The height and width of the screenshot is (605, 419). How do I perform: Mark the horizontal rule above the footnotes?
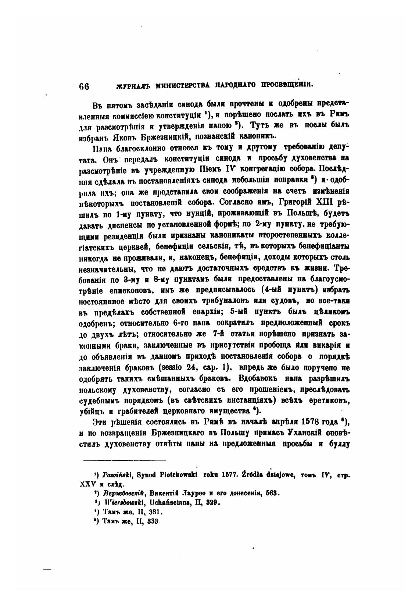pyautogui.click(x=124, y=460)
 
